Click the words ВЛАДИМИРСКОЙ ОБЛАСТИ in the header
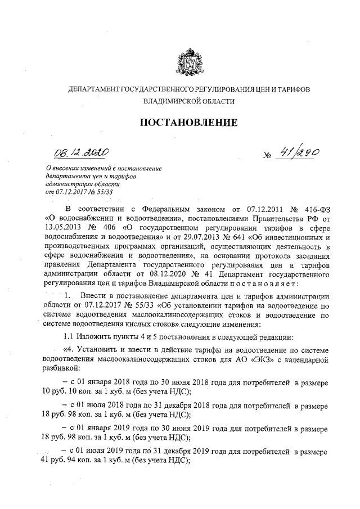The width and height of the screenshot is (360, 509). (186, 102)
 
